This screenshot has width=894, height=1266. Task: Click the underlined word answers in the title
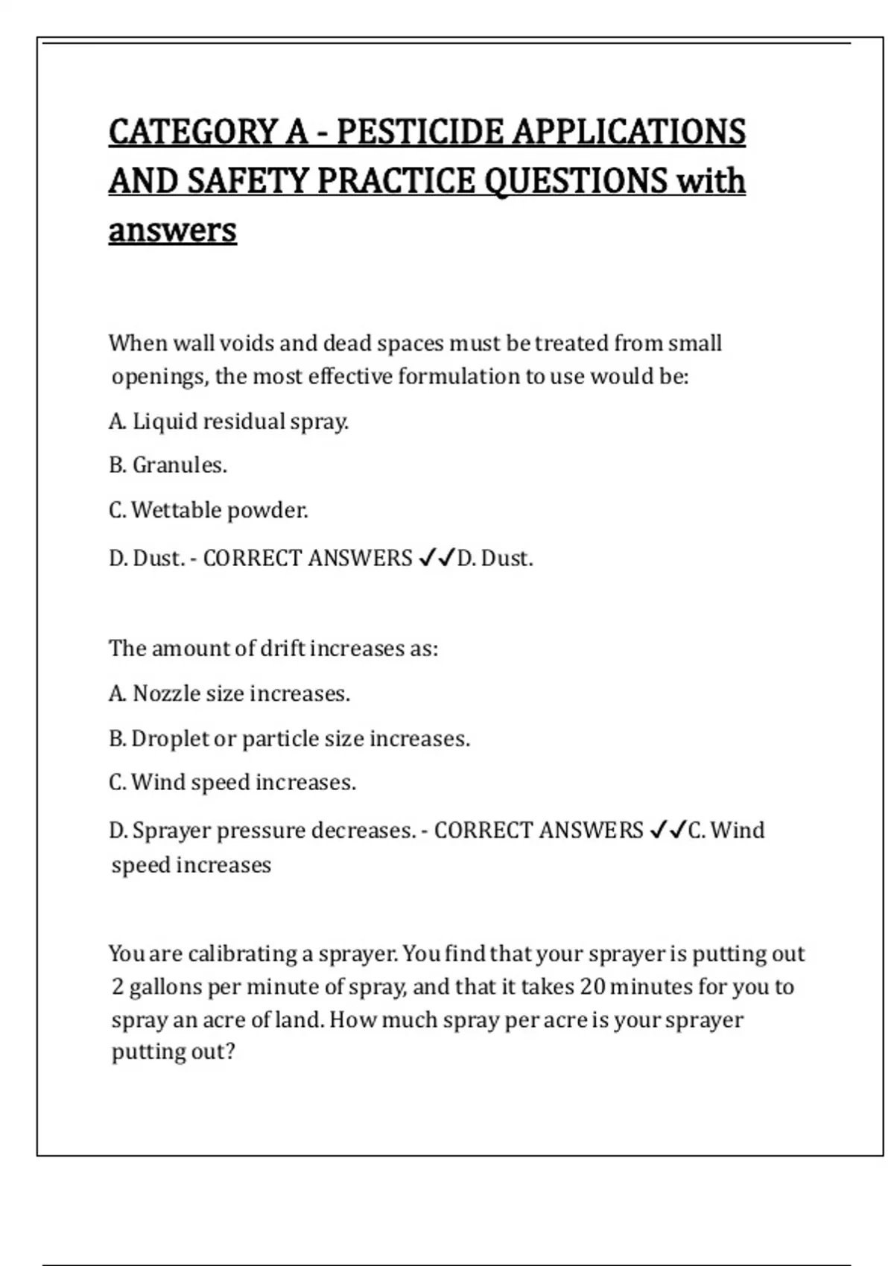[172, 230]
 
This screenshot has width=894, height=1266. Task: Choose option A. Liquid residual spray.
[228, 422]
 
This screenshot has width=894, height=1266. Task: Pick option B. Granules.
[168, 465]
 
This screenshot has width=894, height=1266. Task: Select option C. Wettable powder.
[208, 510]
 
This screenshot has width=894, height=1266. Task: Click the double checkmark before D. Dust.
[437, 558]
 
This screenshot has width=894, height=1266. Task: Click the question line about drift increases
[273, 649]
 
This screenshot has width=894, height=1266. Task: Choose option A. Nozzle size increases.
[229, 694]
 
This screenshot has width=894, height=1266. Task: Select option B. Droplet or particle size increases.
[289, 739]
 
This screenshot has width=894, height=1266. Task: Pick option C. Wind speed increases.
[232, 783]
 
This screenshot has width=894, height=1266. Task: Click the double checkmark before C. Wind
[668, 830]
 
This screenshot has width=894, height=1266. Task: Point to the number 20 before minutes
[592, 987]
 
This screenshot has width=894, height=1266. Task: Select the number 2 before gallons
[118, 987]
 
